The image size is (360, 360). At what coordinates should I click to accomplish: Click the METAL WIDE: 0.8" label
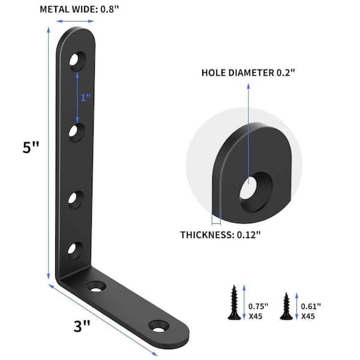click(x=79, y=10)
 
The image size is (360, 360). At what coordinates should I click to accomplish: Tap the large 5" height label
click(x=31, y=147)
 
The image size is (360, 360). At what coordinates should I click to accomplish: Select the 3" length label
click(x=82, y=326)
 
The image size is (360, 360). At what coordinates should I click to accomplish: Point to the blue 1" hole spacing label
click(x=86, y=98)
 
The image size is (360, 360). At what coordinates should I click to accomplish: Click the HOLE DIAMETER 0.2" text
click(x=248, y=73)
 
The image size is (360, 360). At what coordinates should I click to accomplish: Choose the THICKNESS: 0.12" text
click(x=220, y=235)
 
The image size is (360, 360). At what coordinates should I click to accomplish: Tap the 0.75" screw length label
click(x=258, y=306)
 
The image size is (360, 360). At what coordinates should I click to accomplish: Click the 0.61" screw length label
click(x=311, y=306)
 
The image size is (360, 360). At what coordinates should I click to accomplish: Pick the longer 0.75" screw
click(x=234, y=302)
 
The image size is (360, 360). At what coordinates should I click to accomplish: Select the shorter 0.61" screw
click(x=286, y=306)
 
